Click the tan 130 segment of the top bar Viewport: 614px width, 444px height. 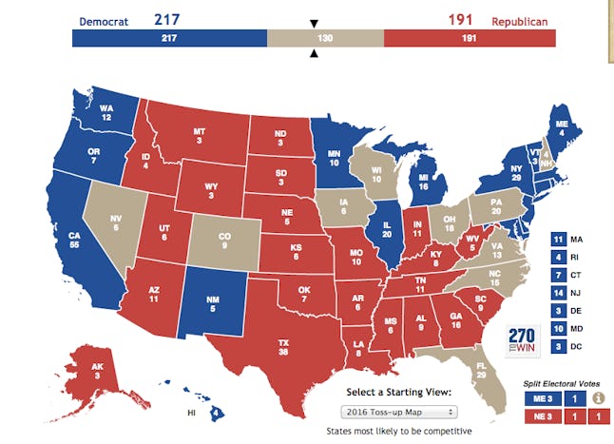[x=325, y=38]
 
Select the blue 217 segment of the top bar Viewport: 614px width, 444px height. [x=169, y=38]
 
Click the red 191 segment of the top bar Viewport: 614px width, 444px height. [x=470, y=38]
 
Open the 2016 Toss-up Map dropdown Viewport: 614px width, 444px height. [x=398, y=411]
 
